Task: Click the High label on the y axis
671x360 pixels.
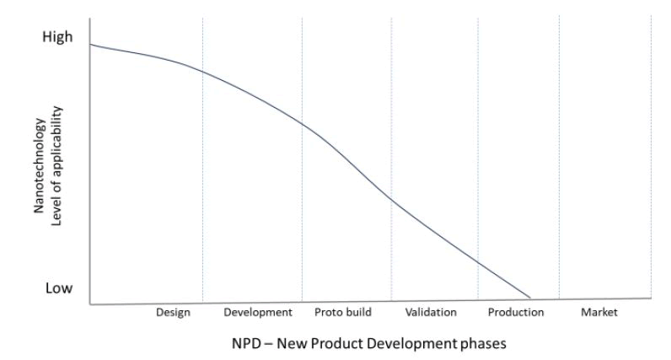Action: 57,37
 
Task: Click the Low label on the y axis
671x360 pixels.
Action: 58,288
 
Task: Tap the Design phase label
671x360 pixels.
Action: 173,313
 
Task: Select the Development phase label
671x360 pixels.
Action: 258,313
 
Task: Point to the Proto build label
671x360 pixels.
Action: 343,313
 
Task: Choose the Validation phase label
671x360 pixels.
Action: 431,313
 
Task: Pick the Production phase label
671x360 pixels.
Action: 516,313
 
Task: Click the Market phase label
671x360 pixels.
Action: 599,313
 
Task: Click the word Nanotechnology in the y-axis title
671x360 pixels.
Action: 39,168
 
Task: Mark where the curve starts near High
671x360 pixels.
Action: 89,44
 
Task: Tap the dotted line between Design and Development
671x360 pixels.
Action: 202,169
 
